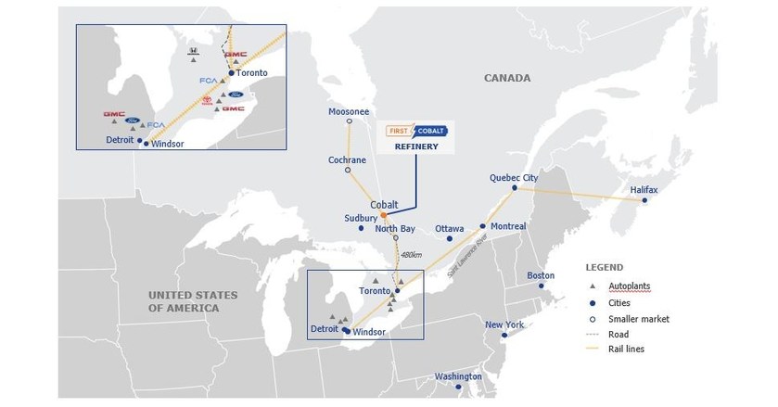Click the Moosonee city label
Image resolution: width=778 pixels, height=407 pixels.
click(x=350, y=111)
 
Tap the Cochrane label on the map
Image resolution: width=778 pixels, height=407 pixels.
click(x=348, y=159)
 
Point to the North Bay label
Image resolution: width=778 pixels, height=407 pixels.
click(x=395, y=228)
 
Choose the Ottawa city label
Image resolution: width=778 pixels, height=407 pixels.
click(x=449, y=228)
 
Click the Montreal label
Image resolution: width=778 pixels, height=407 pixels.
click(x=509, y=226)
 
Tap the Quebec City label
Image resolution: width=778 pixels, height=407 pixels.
click(x=514, y=178)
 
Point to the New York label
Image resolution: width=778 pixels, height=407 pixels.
click(x=504, y=324)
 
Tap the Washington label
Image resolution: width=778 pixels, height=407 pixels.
click(x=460, y=376)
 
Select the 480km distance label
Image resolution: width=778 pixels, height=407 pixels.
click(x=413, y=255)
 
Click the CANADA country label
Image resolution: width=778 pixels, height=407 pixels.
click(x=507, y=78)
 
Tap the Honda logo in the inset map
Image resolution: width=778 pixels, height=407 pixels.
click(x=192, y=52)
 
